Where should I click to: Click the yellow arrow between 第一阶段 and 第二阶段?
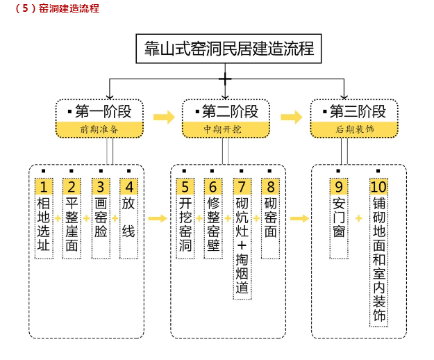point(164,117)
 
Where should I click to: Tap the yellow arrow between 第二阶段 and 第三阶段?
point(291,117)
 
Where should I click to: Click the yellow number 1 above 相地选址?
point(44,187)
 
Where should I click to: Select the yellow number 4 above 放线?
point(128,187)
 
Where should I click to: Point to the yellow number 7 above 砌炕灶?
point(242,187)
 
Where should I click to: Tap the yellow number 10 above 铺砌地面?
point(378,187)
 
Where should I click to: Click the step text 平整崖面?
point(72,224)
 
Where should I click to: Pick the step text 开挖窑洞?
point(185,224)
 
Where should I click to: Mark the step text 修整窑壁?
point(213,224)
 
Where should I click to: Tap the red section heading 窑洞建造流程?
point(56,9)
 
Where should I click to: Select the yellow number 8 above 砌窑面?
point(270,187)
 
